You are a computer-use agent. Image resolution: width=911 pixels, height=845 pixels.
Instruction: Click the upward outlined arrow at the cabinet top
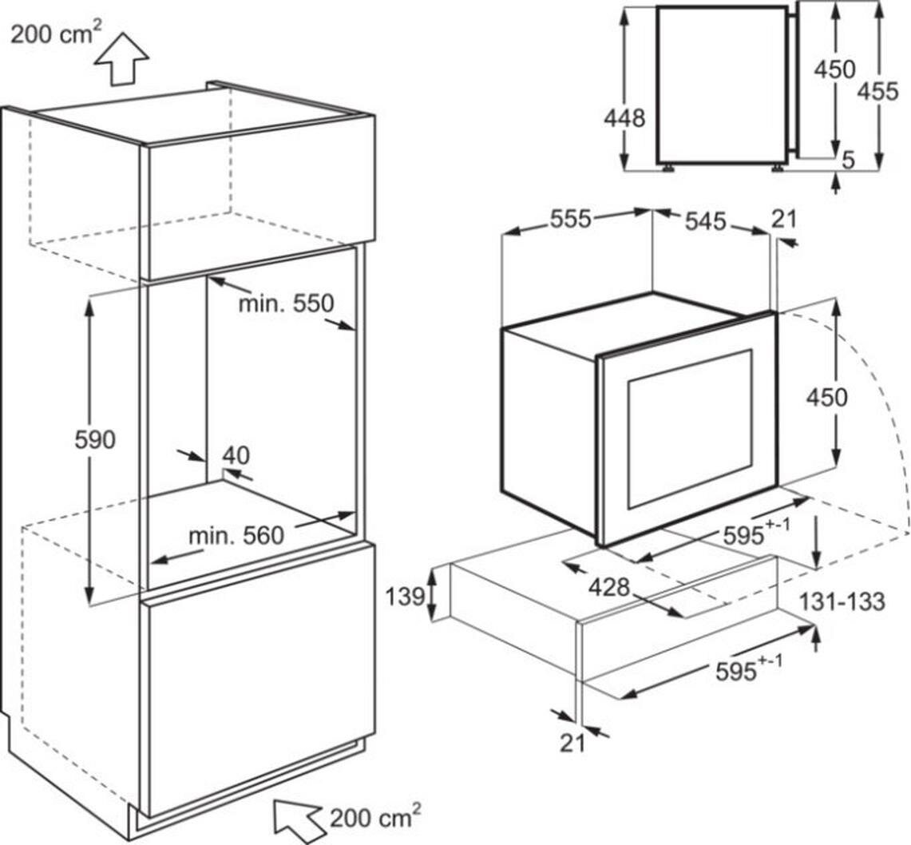122,59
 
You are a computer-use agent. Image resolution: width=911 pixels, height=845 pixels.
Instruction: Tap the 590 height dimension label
95,440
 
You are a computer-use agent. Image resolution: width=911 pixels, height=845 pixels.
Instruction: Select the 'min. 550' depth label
287,303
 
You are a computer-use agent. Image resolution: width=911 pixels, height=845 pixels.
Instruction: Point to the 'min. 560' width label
236,535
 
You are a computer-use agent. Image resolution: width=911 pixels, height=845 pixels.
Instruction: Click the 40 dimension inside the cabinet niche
236,455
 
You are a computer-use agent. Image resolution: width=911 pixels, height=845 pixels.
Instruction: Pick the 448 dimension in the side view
624,118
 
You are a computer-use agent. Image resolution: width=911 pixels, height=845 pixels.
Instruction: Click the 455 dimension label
878,91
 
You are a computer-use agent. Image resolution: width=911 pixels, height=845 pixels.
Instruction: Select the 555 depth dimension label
571,219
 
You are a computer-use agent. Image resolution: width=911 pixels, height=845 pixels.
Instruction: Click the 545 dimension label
705,221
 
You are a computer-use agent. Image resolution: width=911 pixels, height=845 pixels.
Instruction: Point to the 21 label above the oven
784,219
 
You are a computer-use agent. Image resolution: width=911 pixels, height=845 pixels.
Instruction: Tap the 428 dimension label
609,588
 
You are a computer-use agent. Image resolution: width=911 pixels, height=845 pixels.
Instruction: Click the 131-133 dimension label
842,601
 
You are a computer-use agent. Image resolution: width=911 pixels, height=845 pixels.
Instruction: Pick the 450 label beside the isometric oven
826,398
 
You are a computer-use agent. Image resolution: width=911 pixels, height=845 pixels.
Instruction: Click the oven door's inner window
690,428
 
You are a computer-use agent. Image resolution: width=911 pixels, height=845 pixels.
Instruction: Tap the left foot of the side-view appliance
669,168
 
